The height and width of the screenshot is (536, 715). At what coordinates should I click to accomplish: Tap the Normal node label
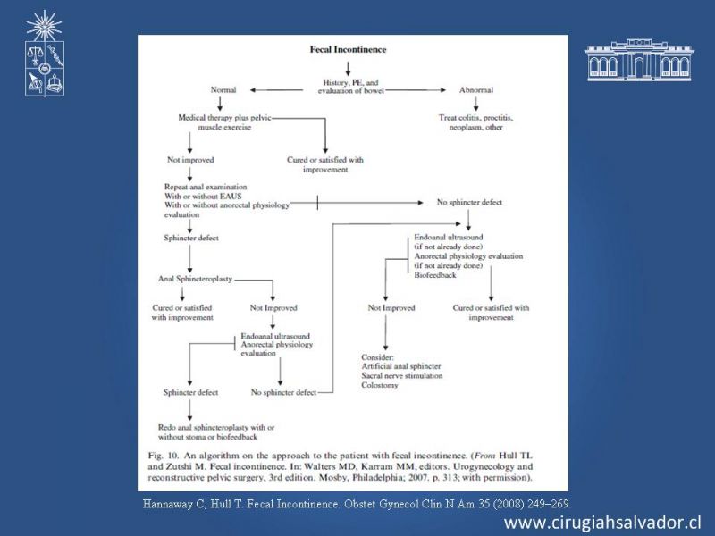223,90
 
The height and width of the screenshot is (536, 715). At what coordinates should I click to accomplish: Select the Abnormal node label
475,90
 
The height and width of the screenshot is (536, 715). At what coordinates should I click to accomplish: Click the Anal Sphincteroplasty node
194,280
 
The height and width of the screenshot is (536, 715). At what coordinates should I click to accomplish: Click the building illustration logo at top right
638,61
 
